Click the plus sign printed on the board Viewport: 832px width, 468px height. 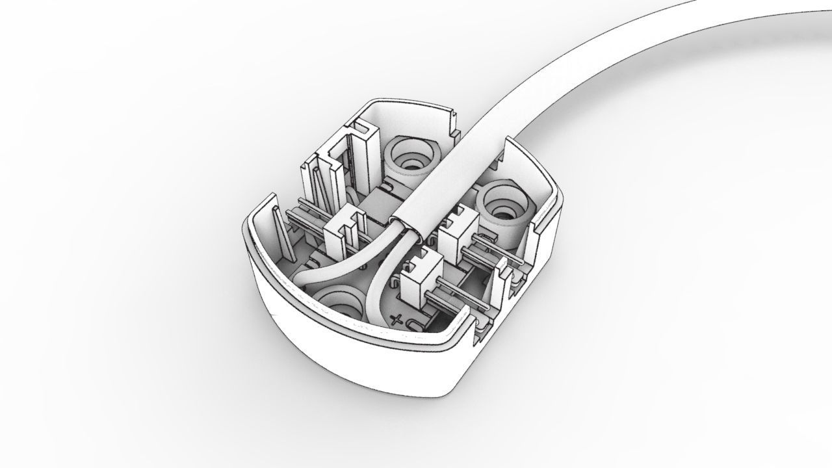[x=398, y=320]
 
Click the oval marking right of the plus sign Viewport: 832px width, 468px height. [x=414, y=323]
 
